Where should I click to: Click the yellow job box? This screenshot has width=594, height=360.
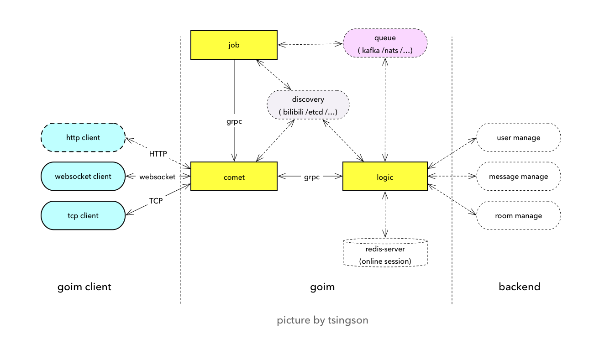coord(234,45)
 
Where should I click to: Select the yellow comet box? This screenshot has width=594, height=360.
coord(234,177)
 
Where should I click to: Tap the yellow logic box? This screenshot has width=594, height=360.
coord(385,177)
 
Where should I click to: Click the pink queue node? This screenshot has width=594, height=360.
coord(385,43)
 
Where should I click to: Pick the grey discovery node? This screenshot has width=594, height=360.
coord(308,105)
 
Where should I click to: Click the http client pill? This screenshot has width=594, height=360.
coord(83,137)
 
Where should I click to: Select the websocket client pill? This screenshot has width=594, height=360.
coord(83,177)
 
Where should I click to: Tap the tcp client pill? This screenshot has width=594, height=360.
coord(83,216)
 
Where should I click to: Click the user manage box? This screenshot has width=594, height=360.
coord(518,137)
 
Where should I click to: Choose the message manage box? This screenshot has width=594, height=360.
coord(518,177)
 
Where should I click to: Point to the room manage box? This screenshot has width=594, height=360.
coord(518,216)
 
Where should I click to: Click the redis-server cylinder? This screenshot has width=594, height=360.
coord(385,253)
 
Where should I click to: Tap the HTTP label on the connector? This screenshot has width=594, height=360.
coord(158,154)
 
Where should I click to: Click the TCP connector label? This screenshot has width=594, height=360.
coord(156,201)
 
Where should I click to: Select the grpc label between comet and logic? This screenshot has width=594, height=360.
coord(312,177)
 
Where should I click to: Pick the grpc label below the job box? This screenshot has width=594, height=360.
coord(234,122)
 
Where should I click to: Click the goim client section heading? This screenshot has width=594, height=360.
coord(84,287)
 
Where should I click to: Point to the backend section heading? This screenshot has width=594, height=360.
coord(519,287)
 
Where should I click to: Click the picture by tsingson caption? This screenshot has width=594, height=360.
coord(322,320)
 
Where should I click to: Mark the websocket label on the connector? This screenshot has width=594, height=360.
coord(157,177)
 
